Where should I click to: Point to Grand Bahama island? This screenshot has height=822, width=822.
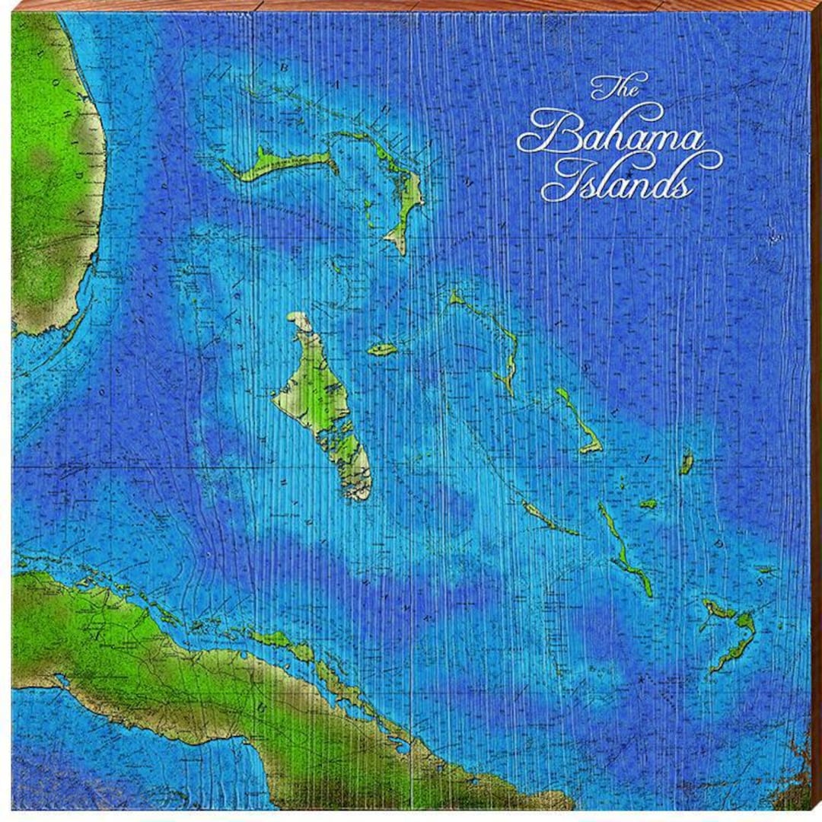(282, 164)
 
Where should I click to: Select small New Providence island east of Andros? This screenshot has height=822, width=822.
(382, 349)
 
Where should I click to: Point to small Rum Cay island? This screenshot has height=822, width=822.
(648, 503)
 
